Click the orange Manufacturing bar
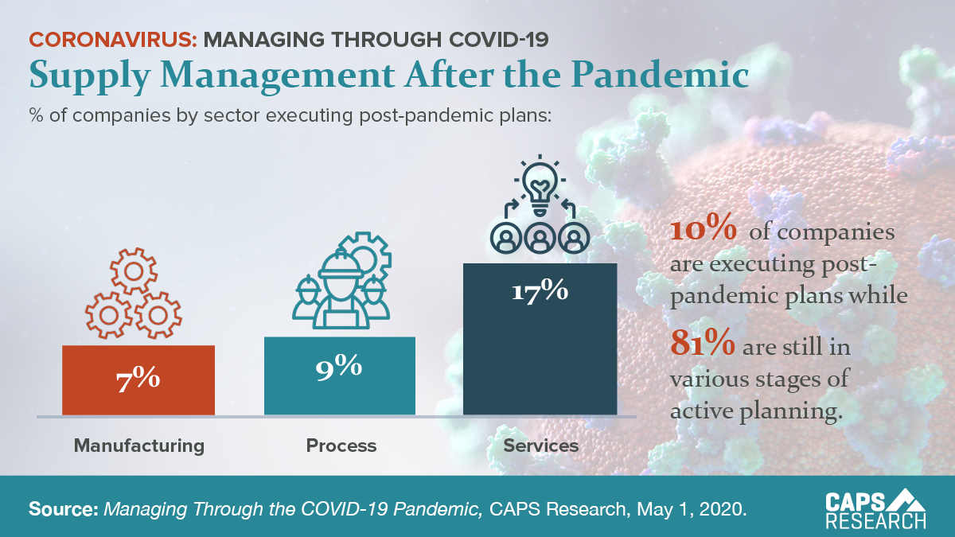pos(138,380)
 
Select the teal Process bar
pos(340,376)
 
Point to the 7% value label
pos(138,379)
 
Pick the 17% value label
pos(540,291)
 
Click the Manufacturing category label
pos(139,445)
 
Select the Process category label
pos(341,445)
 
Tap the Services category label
pos(541,445)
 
